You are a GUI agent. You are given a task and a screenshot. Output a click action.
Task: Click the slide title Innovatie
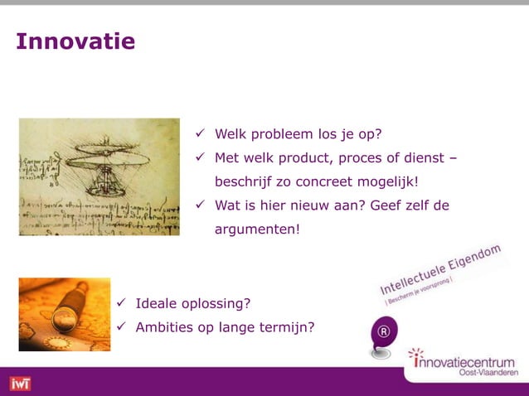[x=75, y=41]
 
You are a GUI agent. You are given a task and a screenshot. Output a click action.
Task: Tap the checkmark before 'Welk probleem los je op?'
[x=200, y=133]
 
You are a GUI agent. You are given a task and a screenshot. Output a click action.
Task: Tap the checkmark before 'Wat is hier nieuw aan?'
[x=200, y=204]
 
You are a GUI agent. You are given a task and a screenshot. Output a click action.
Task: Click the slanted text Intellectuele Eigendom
[x=440, y=269]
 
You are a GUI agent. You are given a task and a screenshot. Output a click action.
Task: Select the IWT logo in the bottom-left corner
[x=19, y=384]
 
